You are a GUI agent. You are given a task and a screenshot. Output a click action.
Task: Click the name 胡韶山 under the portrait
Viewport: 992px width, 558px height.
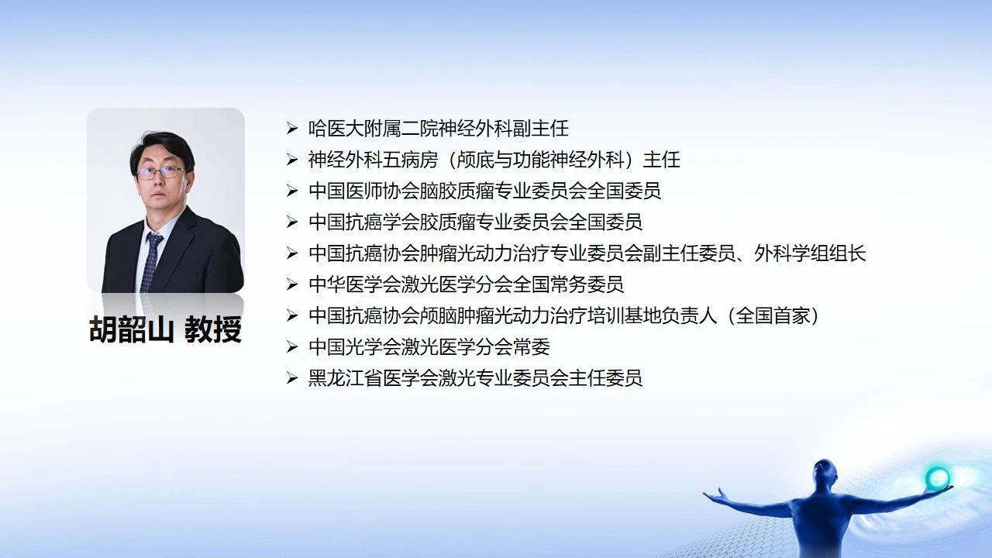131,329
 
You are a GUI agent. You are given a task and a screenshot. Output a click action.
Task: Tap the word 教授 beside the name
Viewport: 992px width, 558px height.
213,329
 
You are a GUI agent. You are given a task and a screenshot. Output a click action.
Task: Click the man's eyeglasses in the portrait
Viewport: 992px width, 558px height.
161,173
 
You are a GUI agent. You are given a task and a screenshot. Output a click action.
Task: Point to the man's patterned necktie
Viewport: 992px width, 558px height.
151,262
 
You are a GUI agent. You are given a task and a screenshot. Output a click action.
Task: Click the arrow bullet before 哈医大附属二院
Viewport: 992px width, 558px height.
292,129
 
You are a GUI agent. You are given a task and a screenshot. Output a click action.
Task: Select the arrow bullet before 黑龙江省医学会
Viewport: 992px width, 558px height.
292,378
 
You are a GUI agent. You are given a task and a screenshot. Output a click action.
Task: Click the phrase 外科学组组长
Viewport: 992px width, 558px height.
810,253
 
